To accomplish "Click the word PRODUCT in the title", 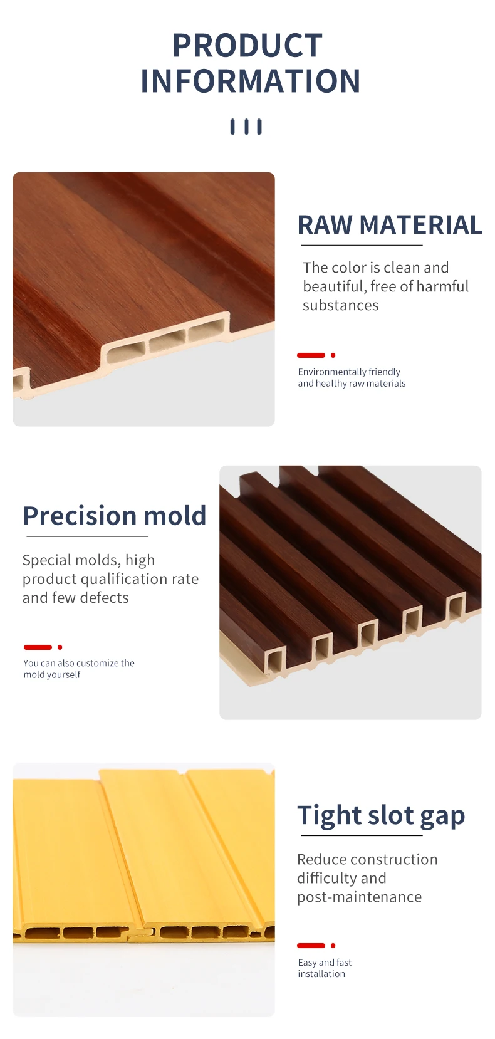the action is [247, 46].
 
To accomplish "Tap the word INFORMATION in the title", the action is [251, 81].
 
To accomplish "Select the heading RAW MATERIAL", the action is [390, 225].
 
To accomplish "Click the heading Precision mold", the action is [115, 516].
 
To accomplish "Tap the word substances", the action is [341, 305].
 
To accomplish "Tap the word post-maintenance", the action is [360, 897].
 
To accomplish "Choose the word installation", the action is [321, 974].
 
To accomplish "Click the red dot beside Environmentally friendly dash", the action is [333, 355].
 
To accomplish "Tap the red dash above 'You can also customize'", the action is [38, 647].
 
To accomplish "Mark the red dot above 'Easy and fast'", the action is [333, 945].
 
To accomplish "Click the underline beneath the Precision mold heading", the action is [87, 536].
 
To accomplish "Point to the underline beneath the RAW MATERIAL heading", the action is [362, 246].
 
